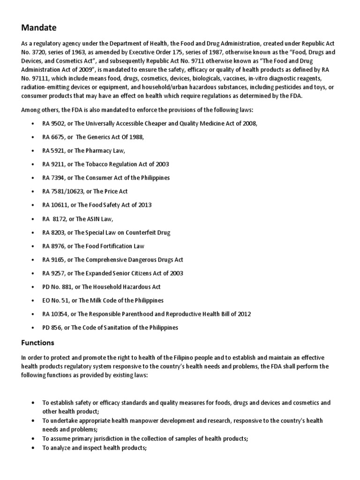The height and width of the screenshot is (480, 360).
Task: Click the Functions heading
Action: [x=37, y=342]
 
